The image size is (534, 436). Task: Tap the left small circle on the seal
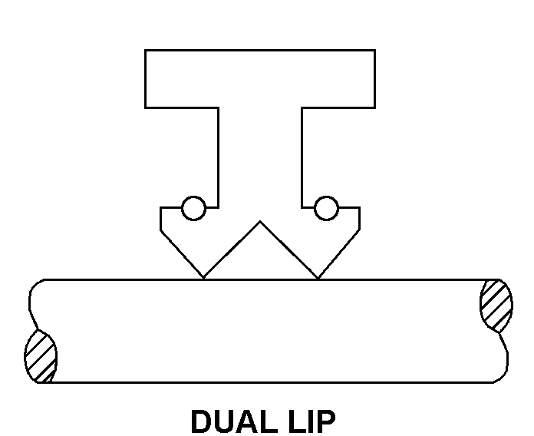(x=193, y=208)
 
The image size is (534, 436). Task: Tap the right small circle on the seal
(x=326, y=208)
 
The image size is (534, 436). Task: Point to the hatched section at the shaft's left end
(x=41, y=357)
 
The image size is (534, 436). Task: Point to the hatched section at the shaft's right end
(x=496, y=305)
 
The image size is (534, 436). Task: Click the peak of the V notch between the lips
(x=261, y=223)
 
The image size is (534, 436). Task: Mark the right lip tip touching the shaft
(x=318, y=278)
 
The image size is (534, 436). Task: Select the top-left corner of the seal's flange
(x=145, y=51)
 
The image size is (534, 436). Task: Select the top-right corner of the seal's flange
(x=375, y=51)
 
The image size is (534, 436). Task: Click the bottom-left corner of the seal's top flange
(x=145, y=107)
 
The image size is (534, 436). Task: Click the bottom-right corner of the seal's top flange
(x=375, y=107)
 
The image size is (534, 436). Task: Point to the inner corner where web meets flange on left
(x=219, y=107)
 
